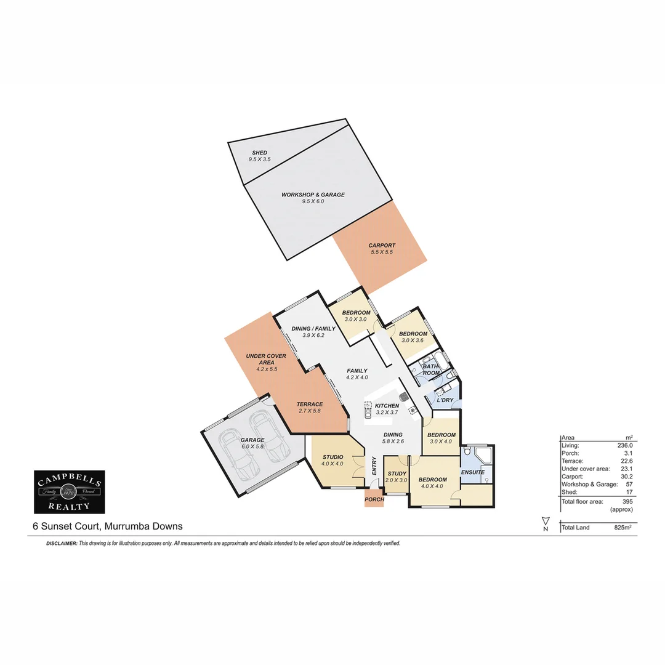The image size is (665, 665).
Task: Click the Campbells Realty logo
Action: [x=69, y=491]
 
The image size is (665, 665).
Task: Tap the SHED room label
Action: [x=259, y=152]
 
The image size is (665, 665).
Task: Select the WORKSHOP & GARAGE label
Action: [x=313, y=195]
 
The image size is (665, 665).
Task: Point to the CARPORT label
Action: [x=382, y=245]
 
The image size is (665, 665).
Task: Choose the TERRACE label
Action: [x=309, y=404]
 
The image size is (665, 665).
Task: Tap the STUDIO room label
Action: [x=332, y=456]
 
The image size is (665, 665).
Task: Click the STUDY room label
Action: [x=397, y=474]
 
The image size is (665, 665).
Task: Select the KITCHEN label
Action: [x=387, y=406]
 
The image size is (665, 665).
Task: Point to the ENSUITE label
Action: [x=473, y=472]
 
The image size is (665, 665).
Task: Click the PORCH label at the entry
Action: [x=374, y=499]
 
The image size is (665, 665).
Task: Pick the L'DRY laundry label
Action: [x=445, y=400]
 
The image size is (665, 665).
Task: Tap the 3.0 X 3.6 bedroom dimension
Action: [x=414, y=341]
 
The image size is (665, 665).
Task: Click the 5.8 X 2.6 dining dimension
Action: [x=393, y=441]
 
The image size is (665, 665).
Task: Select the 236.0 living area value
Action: [x=623, y=445]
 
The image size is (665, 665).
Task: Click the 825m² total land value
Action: [x=623, y=528]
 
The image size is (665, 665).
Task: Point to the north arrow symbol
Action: [x=545, y=524]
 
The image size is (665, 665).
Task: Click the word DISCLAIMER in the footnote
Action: [x=62, y=544]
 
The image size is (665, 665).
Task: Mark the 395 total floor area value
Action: [x=626, y=502]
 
